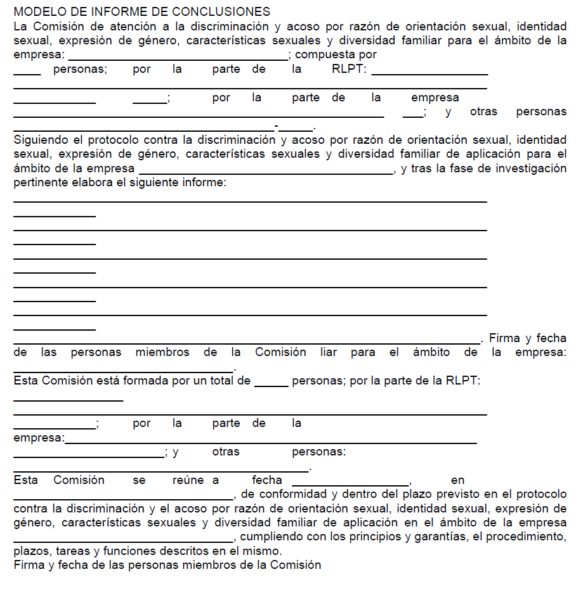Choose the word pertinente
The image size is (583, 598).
coord(39,182)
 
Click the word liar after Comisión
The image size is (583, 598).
coord(329,352)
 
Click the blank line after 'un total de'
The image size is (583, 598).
coord(271,385)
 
